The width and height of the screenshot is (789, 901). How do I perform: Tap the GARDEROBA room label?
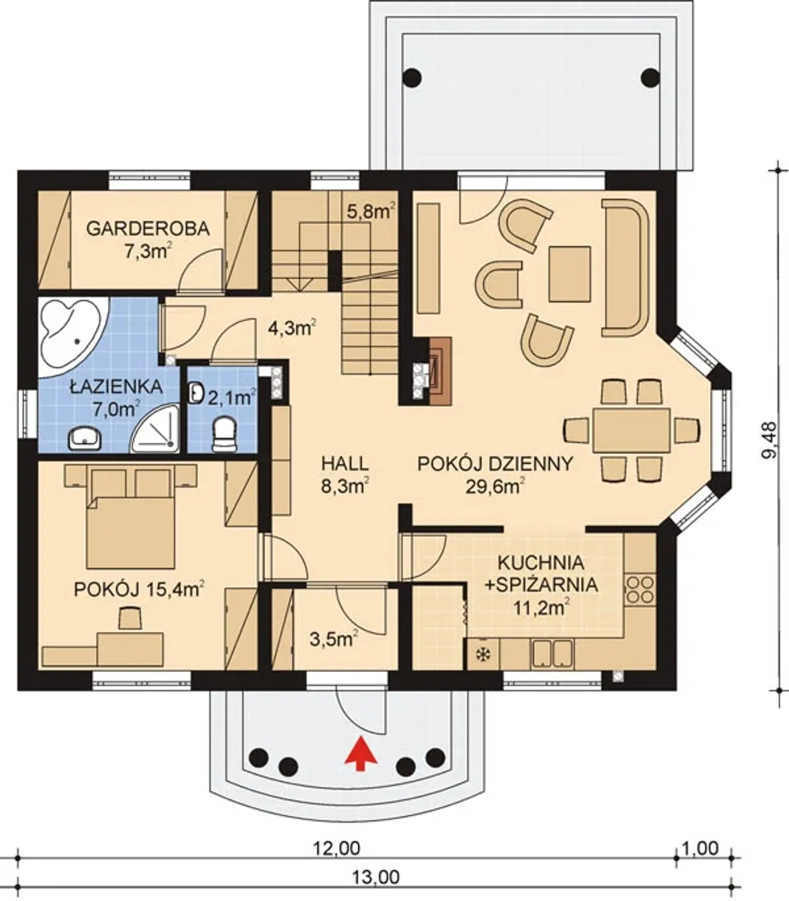pos(148,229)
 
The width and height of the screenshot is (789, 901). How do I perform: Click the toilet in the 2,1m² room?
pos(224,434)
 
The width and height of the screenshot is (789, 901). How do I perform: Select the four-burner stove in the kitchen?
pos(640,589)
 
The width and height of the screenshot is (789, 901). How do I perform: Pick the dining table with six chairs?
pos(631,429)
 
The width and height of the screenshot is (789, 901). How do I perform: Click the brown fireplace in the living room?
pos(440,371)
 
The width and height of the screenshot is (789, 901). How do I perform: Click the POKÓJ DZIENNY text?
pos(495,464)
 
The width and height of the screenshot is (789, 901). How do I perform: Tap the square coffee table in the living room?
pos(570,274)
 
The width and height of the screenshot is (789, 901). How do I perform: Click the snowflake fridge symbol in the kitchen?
pos(483,655)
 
